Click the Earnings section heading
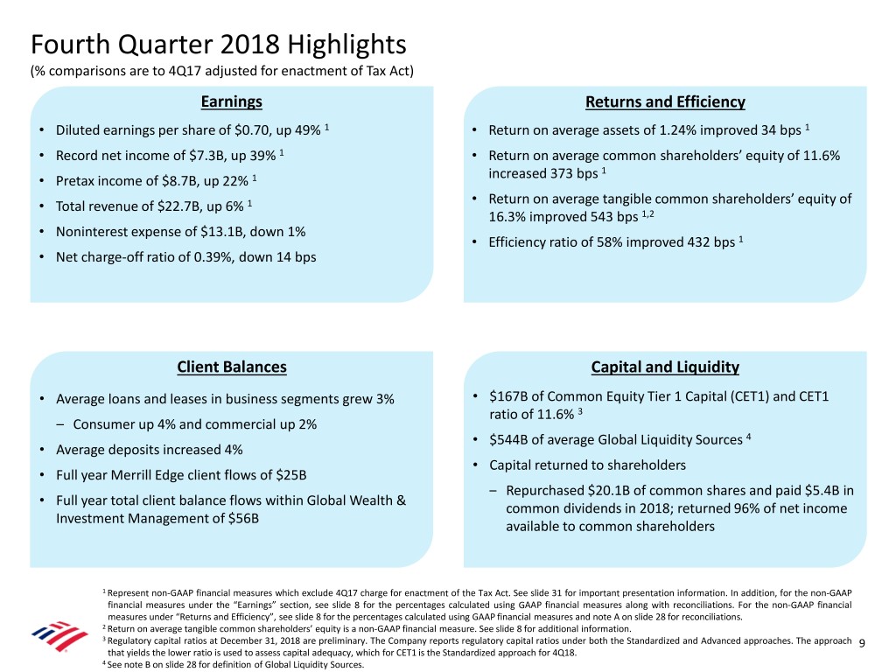pyautogui.click(x=231, y=101)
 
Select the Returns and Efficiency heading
pyautogui.click(x=664, y=102)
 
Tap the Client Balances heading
pyautogui.click(x=231, y=367)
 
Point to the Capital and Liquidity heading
pyautogui.click(x=665, y=367)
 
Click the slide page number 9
pyautogui.click(x=863, y=644)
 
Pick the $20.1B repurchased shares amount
pyautogui.click(x=609, y=490)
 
